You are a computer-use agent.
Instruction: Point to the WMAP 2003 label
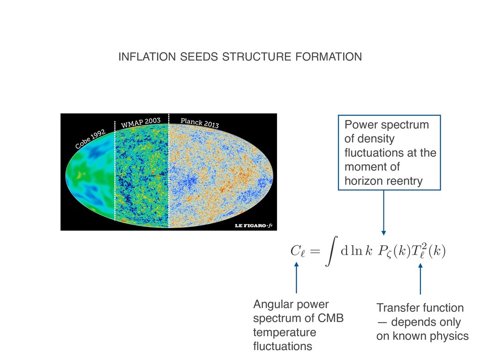point(141,123)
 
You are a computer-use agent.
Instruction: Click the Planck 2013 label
point(199,123)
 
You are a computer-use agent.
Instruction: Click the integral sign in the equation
point(330,252)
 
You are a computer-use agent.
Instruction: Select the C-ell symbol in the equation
point(298,253)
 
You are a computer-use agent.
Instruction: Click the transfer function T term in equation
point(425,252)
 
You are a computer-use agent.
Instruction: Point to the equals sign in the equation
point(315,252)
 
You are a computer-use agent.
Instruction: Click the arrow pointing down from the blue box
point(384,213)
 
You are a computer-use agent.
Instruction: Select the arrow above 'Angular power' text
point(296,279)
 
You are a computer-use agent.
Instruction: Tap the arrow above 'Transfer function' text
point(420,279)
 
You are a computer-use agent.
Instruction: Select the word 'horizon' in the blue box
point(362,181)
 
